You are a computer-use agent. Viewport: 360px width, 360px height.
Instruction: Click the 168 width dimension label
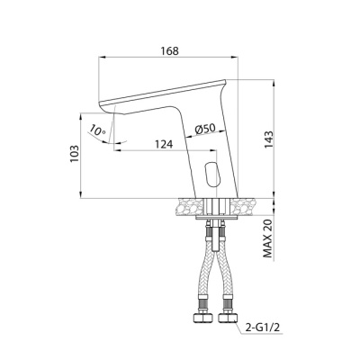pos(169,50)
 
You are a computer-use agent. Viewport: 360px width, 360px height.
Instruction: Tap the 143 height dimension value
pos(268,140)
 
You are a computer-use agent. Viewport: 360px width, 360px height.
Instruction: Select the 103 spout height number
pos(75,154)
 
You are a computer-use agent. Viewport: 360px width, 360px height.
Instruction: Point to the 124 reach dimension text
pos(164,144)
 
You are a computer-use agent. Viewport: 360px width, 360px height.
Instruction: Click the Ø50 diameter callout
pos(205,130)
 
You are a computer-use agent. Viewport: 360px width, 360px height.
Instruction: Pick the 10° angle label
pos(97,130)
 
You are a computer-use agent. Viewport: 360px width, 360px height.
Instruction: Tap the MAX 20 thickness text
pos(267,238)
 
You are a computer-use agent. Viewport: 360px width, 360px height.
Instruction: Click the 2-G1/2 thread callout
pos(263,328)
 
